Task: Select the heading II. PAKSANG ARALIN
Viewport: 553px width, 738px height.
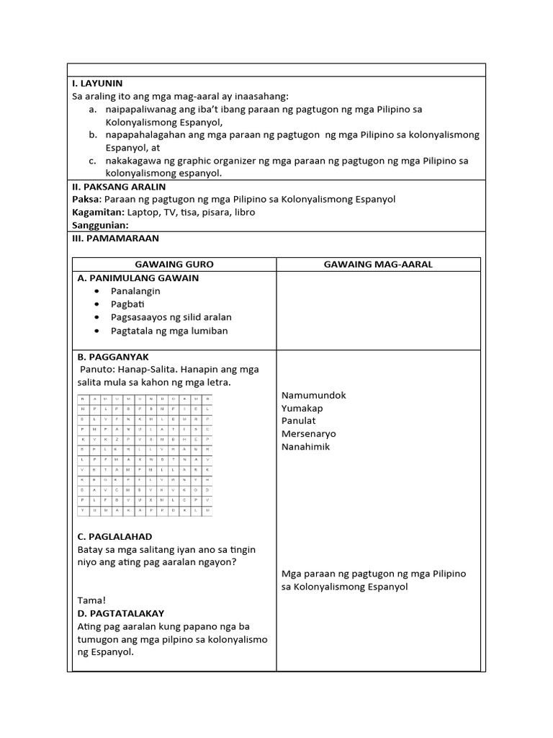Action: point(119,187)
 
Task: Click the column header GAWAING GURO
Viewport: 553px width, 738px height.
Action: point(174,264)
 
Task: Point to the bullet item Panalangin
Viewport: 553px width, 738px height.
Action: point(135,291)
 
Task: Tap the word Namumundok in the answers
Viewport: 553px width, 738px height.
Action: point(314,395)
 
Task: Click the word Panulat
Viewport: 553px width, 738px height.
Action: point(299,421)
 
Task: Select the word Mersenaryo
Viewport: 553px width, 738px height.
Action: point(309,434)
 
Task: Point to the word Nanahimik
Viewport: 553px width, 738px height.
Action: point(306,447)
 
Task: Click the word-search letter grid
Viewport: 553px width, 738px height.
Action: point(145,455)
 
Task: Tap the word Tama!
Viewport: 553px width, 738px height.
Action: point(91,600)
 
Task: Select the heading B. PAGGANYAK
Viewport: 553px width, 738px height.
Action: point(113,357)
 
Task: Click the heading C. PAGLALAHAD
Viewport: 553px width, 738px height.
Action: point(114,537)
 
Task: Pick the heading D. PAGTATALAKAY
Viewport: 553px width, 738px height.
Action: point(121,613)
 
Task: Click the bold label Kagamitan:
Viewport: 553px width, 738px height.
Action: point(99,213)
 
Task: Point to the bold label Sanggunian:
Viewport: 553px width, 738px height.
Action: point(100,226)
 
